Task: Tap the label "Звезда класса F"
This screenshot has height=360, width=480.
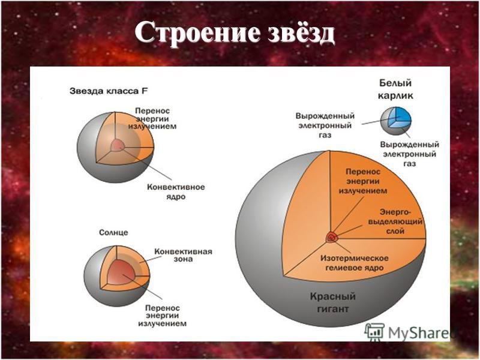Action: [109, 91]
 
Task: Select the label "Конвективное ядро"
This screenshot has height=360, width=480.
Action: [176, 191]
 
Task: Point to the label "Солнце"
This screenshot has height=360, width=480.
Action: [113, 232]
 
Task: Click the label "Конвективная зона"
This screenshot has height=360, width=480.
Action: [183, 255]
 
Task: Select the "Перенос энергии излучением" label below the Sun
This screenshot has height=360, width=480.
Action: [162, 316]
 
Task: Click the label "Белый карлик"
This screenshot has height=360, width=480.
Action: [395, 89]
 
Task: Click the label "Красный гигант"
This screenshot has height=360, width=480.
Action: [333, 302]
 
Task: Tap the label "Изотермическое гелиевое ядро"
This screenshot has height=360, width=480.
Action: [354, 263]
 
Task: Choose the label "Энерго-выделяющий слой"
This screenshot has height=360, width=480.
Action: [395, 221]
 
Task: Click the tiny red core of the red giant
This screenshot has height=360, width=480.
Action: [331, 237]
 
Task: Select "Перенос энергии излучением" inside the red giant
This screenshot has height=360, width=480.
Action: [363, 181]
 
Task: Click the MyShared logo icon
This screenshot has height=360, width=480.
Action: [374, 332]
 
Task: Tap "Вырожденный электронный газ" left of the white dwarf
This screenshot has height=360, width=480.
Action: [325, 125]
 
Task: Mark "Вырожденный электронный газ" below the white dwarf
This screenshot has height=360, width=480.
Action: [410, 154]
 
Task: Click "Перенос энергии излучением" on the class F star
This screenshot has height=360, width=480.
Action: [152, 118]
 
